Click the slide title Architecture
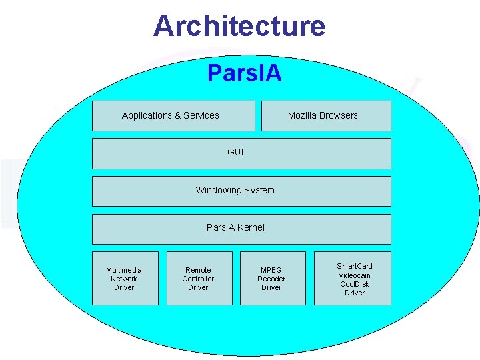tap(239, 26)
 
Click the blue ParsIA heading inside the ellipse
tap(244, 73)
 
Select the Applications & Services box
tap(173, 116)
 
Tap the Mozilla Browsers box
tap(326, 116)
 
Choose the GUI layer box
tap(241, 153)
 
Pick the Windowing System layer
tap(241, 191)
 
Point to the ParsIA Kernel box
tap(241, 228)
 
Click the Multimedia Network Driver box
tap(125, 279)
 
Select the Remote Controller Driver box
tap(199, 279)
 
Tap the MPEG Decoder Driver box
tap(272, 279)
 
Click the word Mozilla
tap(303, 115)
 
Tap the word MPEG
tap(271, 270)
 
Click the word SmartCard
tap(355, 266)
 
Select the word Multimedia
tap(124, 270)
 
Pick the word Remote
tap(198, 270)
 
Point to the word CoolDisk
tap(355, 284)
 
